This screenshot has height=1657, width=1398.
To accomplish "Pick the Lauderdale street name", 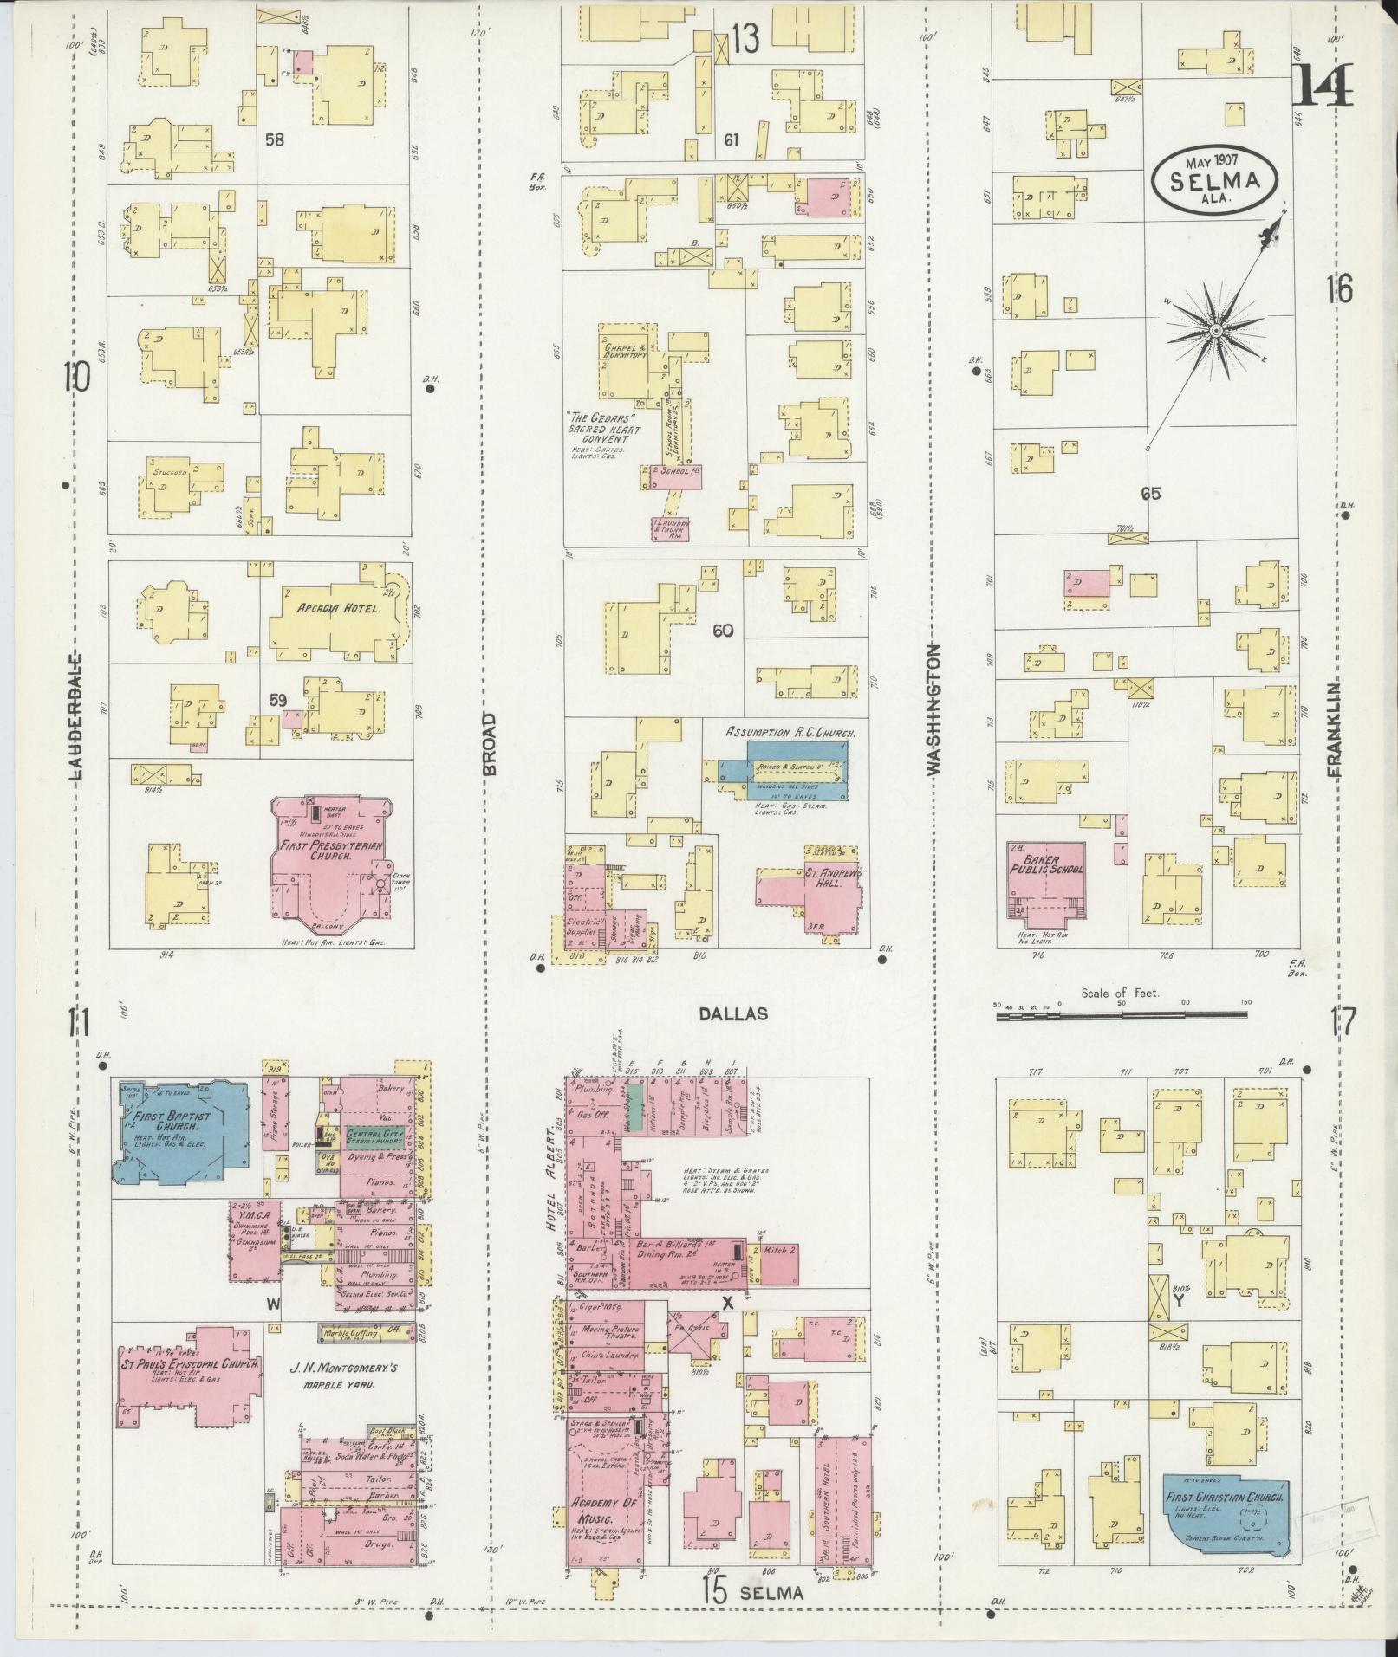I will coord(75,716).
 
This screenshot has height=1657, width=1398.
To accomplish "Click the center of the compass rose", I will coord(1216,331).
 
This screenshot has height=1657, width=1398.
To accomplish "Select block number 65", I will coord(1150,494).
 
